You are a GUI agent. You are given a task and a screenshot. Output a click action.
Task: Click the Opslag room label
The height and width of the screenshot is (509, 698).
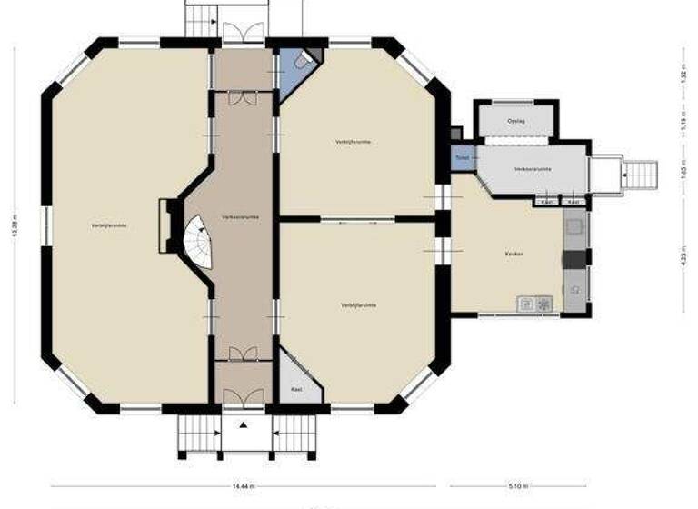515,119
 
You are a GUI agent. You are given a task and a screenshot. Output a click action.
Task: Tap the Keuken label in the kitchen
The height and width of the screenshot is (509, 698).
514,254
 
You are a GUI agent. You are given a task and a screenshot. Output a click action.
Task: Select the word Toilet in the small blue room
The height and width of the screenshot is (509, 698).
462,156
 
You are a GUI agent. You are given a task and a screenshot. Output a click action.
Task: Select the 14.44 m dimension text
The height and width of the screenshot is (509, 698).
243,486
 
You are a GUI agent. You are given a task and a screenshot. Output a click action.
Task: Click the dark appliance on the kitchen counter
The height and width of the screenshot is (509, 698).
574,260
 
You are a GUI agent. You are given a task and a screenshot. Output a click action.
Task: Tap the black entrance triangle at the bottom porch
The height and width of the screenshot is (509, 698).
243,424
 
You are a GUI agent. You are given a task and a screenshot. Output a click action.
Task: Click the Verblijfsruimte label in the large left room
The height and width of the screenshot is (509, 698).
109,225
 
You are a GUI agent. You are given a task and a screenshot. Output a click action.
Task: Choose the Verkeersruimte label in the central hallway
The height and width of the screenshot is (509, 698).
242,217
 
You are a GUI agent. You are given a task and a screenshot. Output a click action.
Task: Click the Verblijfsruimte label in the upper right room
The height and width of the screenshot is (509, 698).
353,143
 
